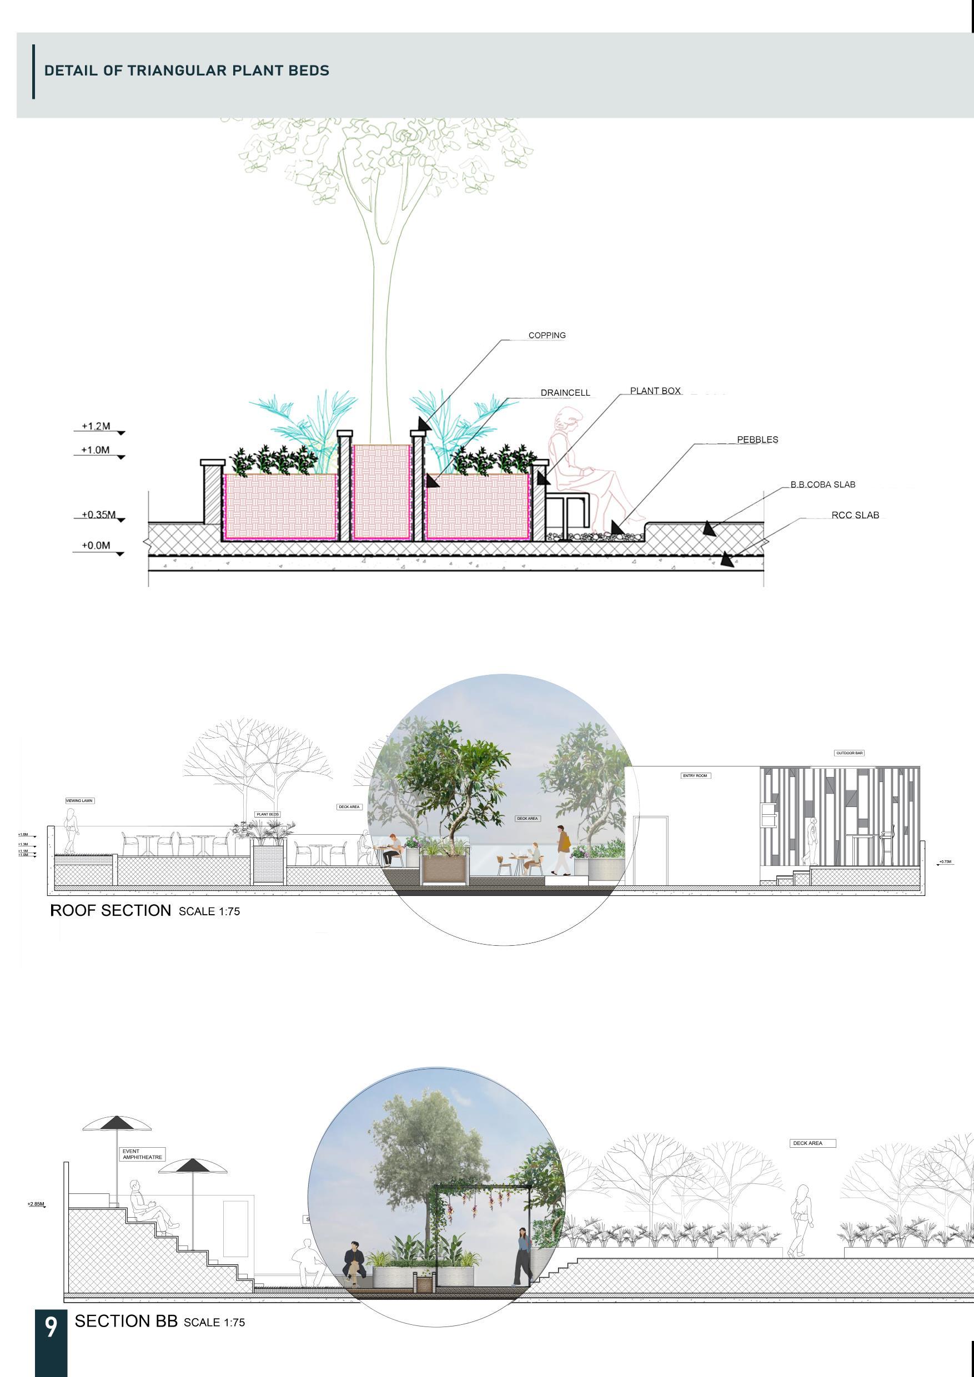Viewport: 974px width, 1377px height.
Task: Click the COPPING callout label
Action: pos(547,335)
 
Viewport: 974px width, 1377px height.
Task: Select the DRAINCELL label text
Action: pos(565,393)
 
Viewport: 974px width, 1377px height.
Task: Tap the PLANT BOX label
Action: pos(655,391)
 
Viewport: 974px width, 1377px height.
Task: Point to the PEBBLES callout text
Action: pos(757,440)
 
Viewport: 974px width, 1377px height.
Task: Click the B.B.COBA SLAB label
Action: pos(822,485)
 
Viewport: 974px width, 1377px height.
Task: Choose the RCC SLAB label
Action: pos(855,515)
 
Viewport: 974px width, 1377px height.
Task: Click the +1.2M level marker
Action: pos(96,426)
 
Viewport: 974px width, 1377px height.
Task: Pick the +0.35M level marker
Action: pos(98,515)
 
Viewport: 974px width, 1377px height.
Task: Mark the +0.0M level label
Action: pos(96,546)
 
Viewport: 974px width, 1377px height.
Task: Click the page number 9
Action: pos(51,1326)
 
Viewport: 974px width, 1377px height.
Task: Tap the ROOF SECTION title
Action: pos(111,910)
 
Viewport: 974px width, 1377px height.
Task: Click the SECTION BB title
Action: pos(126,1320)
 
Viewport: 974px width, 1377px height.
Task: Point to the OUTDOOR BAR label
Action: pos(849,753)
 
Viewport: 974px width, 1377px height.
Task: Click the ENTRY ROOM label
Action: pos(695,775)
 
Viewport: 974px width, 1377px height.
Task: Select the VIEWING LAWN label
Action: pos(80,801)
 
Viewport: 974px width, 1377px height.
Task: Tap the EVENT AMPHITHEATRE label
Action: pos(142,1154)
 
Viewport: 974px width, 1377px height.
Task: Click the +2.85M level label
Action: pos(36,1204)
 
